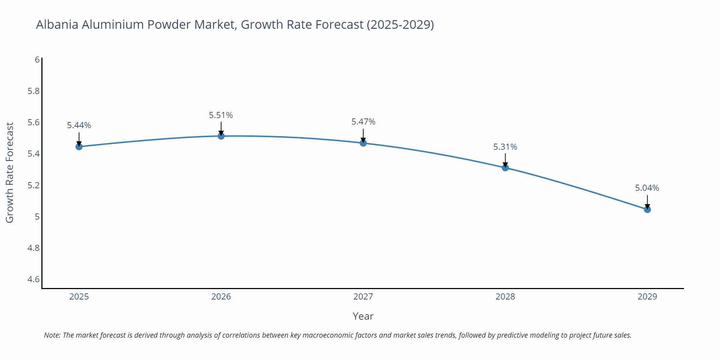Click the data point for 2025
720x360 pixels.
coord(79,147)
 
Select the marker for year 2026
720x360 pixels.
coord(221,136)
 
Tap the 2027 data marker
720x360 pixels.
coord(363,143)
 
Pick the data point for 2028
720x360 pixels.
coord(505,167)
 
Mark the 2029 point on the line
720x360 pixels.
coord(647,210)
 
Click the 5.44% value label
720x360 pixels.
coord(79,125)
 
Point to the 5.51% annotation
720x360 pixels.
coord(221,115)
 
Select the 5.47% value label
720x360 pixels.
coord(363,122)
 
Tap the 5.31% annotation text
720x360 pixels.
coord(505,147)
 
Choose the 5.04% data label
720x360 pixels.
coord(647,188)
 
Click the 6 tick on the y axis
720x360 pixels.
coord(37,60)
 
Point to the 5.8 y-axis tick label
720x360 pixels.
coord(34,91)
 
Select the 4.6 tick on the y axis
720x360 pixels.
coord(34,279)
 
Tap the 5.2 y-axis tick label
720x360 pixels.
coord(34,185)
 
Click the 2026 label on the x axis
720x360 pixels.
coord(221,297)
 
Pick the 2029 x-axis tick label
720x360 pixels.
coord(647,297)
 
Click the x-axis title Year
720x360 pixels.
coord(363,316)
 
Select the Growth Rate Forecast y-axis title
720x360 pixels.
coord(10,172)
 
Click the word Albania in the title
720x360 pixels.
coord(57,24)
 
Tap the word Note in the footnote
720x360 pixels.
coord(52,335)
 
